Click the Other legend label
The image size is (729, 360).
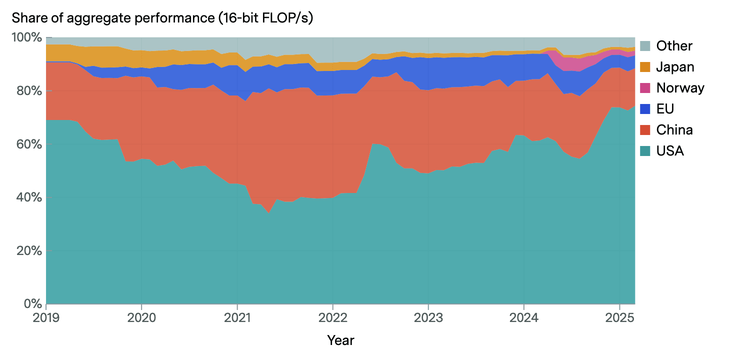[674, 46]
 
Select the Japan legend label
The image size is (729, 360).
[675, 67]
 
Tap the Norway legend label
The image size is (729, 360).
[680, 88]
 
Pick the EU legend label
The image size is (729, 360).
[666, 109]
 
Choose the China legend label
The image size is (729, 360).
[674, 130]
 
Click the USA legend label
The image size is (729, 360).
[670, 150]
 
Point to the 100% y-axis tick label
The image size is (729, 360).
[26, 37]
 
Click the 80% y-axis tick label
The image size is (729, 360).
[29, 91]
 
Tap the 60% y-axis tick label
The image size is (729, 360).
[29, 144]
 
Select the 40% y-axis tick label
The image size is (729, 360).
[29, 197]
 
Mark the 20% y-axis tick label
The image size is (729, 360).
[29, 251]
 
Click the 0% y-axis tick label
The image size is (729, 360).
[32, 304]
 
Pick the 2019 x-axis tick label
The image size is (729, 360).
[46, 317]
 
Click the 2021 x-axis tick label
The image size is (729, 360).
[237, 317]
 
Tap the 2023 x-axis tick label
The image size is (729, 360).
[428, 317]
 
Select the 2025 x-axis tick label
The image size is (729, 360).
[619, 317]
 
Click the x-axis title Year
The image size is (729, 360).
[340, 340]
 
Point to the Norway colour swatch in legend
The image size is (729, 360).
[645, 88]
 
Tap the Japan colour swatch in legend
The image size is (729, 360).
[645, 67]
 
